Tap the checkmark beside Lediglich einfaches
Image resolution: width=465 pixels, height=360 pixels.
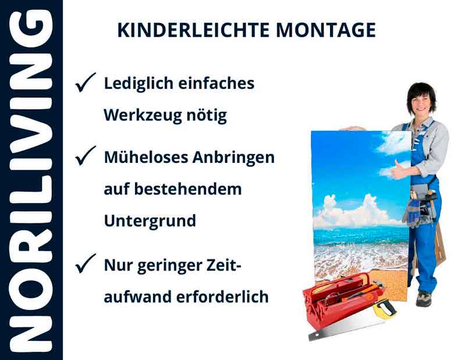pos(85,84)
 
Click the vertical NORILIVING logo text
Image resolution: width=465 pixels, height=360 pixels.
pos(30,180)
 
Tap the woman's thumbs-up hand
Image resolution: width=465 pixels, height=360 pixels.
pos(399,170)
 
